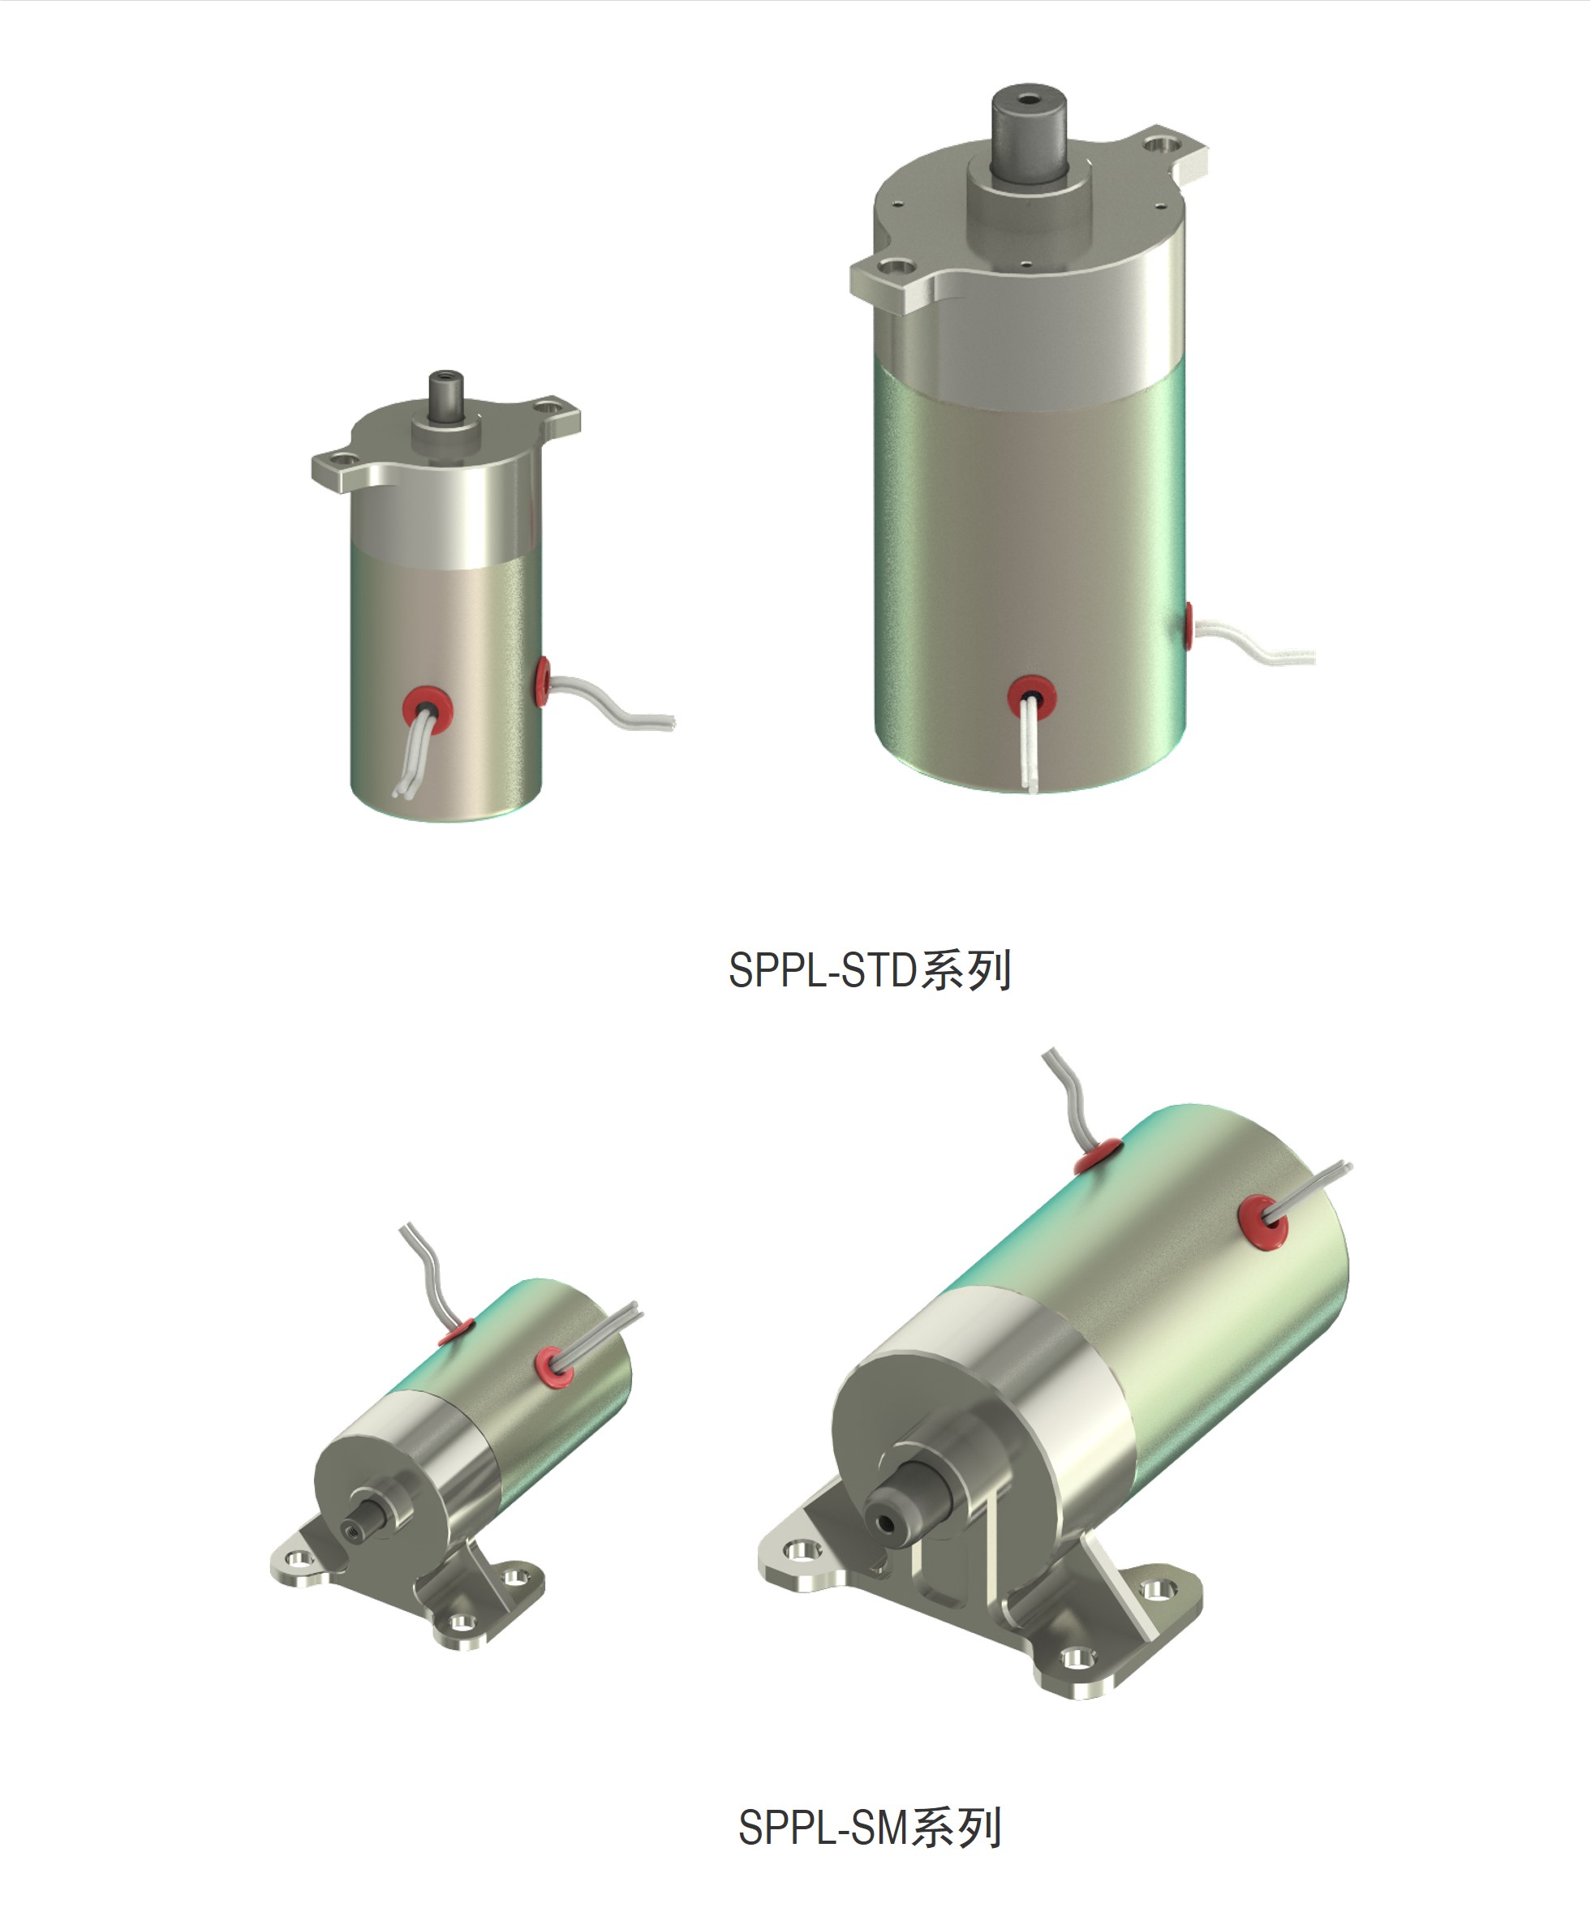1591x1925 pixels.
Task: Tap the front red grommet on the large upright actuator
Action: (x=1032, y=695)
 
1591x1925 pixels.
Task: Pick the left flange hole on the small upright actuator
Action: (x=341, y=459)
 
